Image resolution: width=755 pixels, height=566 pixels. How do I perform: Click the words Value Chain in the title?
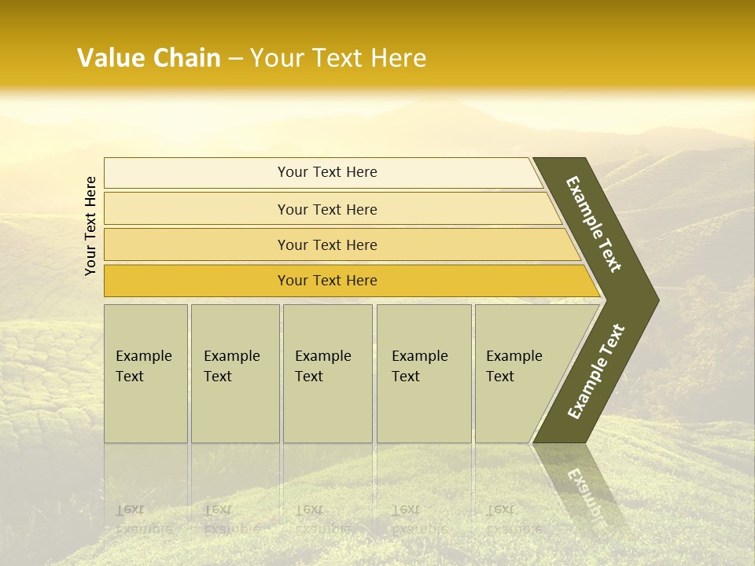(x=149, y=58)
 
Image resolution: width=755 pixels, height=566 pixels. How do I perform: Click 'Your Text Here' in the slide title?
(x=338, y=58)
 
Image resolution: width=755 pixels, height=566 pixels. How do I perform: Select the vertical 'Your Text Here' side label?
(x=90, y=226)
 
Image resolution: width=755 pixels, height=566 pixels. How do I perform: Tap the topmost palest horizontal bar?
(x=197, y=173)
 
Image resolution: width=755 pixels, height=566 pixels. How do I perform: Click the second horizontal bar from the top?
(x=197, y=209)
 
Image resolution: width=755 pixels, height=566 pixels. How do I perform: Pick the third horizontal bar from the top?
(x=197, y=244)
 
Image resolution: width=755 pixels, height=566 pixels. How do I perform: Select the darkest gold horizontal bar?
(x=197, y=281)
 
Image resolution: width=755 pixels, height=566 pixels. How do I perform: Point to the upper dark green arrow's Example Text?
(x=594, y=224)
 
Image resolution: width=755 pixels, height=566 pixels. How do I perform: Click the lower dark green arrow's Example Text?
(x=596, y=371)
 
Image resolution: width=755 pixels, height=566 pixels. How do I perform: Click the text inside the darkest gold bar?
(x=327, y=281)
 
